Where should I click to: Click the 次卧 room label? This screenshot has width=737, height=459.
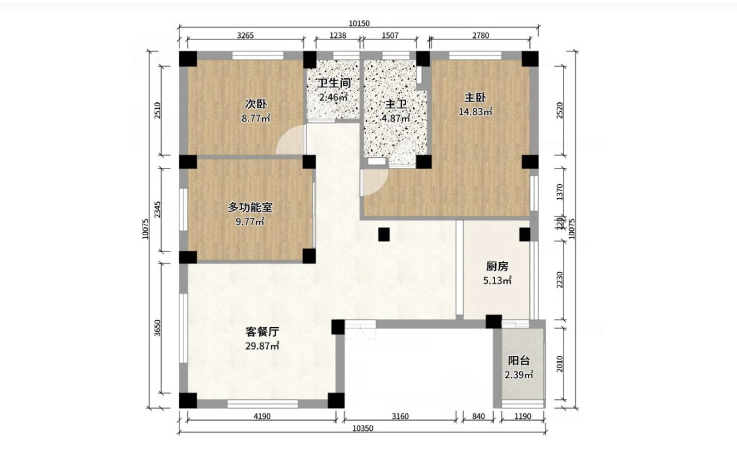256,104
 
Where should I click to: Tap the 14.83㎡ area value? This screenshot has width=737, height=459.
475,112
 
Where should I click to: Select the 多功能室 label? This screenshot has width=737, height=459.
250,207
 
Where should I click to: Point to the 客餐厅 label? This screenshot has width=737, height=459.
262,331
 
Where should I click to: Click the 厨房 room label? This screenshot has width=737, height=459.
497,266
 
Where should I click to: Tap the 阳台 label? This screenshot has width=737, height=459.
519,361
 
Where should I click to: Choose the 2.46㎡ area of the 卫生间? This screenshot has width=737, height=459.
333,97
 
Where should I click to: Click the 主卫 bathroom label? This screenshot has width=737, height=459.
396,104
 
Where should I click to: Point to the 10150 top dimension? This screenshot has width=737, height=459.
359,24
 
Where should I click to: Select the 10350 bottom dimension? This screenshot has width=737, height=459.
363,429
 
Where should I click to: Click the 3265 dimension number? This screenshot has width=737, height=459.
246,35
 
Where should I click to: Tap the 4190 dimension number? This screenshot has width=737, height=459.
262,417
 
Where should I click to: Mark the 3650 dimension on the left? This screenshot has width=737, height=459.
158,328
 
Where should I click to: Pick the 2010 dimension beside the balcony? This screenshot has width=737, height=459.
560,364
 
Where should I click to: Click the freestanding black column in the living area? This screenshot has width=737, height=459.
384,235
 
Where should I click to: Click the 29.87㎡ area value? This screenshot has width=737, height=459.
262,346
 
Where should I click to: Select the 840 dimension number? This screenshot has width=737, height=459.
479,417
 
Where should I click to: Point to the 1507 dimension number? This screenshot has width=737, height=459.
390,35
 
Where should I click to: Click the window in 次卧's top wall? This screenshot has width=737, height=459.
258,55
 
